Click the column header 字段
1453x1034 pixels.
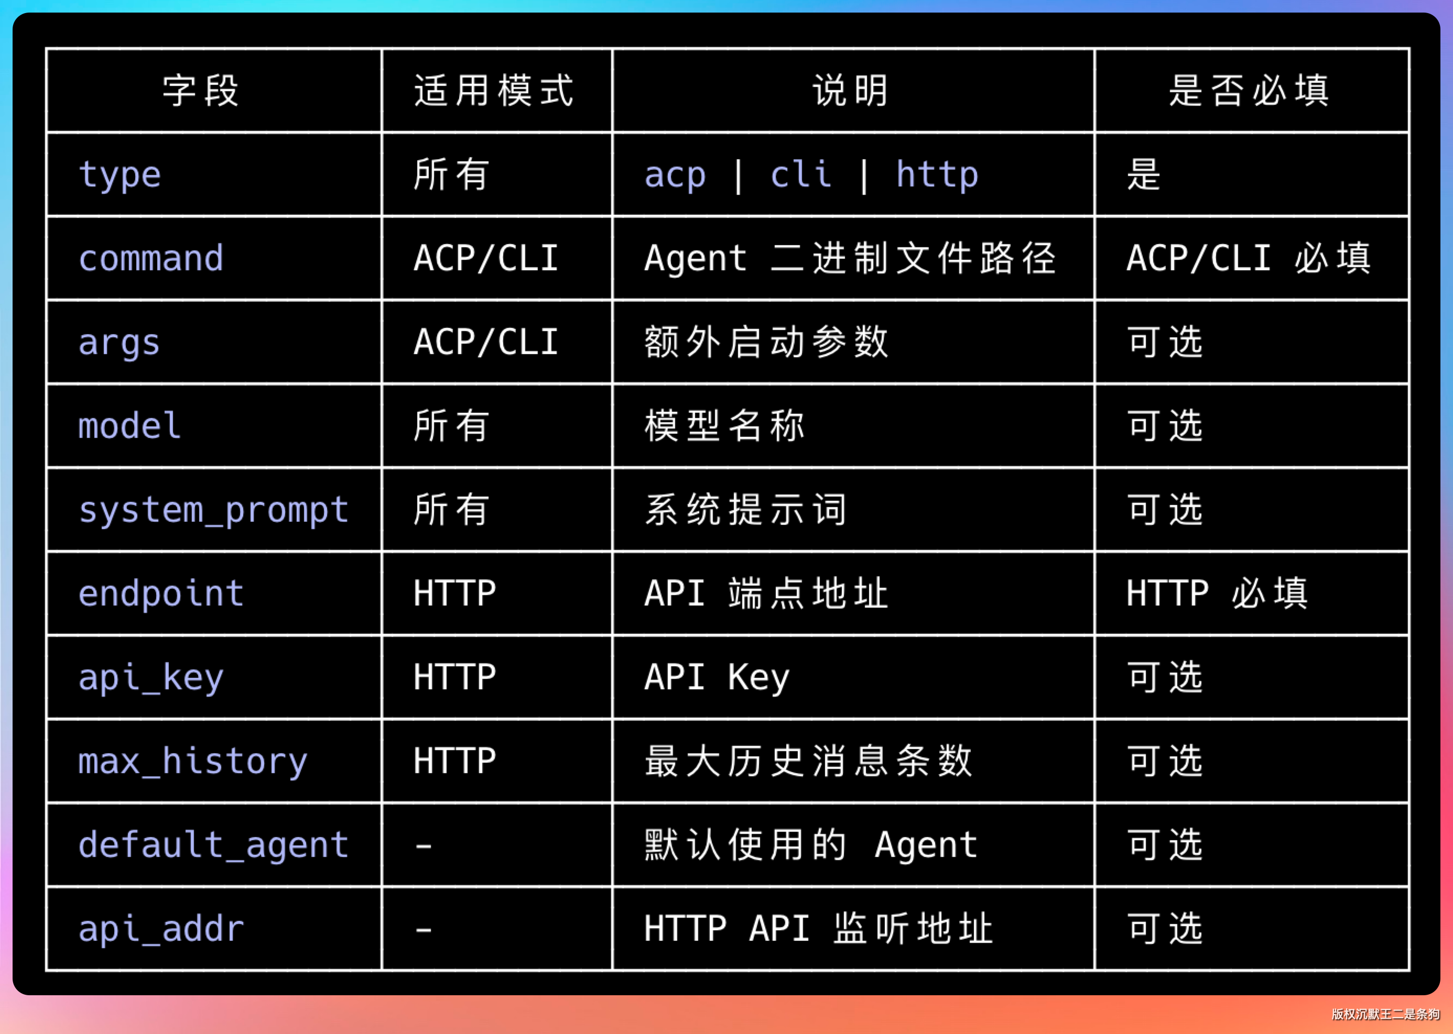[201, 91]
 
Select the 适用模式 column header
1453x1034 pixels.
[494, 91]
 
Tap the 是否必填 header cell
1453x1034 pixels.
[1249, 91]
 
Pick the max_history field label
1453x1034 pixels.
[192, 762]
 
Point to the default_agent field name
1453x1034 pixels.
[213, 845]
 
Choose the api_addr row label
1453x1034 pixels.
[161, 929]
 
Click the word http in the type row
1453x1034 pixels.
[937, 175]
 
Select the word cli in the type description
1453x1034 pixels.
[801, 174]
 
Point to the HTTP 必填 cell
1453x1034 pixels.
[1217, 593]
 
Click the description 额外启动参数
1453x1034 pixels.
[766, 343]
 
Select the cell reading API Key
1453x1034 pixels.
[717, 677]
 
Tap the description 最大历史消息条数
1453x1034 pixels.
[808, 761]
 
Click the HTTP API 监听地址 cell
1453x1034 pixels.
[819, 928]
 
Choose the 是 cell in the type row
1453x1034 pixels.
[1143, 174]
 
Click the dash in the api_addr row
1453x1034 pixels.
[424, 930]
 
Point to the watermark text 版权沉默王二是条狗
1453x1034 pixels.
[1385, 1014]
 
